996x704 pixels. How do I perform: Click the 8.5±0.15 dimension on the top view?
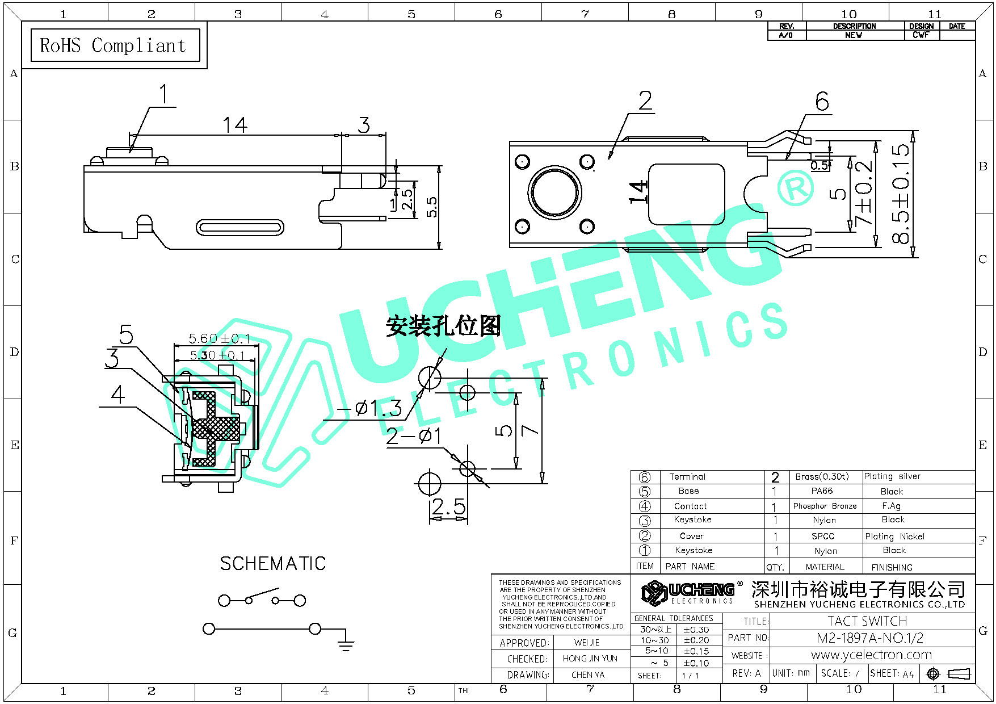[900, 194]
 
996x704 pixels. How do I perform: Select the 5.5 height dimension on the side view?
[432, 207]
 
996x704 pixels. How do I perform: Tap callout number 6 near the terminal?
[822, 102]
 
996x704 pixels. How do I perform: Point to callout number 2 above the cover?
[645, 101]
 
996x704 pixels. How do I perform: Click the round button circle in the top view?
[554, 191]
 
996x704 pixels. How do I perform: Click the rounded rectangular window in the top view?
[686, 195]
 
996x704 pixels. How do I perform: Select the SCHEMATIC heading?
[272, 564]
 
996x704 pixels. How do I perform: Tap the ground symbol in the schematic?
[346, 644]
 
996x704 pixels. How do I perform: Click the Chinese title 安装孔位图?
[443, 326]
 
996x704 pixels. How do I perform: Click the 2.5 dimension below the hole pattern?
[448, 507]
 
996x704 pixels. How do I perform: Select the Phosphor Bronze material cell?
[825, 506]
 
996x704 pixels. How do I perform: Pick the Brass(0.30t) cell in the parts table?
[822, 476]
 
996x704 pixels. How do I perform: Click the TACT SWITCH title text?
[867, 621]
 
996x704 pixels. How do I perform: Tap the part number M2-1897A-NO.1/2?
[869, 638]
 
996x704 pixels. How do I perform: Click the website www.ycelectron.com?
[871, 655]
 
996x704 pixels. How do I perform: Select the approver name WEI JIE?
[587, 643]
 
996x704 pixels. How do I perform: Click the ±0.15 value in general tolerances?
[696, 651]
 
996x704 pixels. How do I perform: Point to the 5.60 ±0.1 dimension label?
[219, 339]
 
